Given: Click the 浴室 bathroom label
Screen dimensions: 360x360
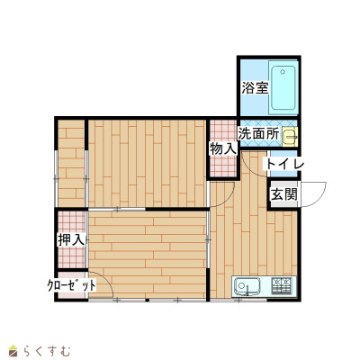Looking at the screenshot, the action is click(255, 88).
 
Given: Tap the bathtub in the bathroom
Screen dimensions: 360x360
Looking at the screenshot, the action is click(283, 88).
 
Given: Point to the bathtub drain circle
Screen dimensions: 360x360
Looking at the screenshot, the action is click(283, 72).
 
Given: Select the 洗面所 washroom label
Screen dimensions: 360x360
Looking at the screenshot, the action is click(258, 134).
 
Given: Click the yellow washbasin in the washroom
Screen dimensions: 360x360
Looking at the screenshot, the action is click(290, 137).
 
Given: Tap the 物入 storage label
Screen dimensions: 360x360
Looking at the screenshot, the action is click(223, 148).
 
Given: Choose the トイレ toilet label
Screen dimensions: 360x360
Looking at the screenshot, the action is click(283, 164).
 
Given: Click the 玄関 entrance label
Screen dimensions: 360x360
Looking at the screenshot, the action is click(283, 194).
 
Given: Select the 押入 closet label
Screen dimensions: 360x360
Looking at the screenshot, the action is click(71, 239).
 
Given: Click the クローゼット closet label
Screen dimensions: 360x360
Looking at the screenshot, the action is click(72, 285).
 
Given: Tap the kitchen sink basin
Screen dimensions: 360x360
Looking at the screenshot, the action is click(247, 285).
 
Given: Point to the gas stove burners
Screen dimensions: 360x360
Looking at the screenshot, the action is click(282, 285).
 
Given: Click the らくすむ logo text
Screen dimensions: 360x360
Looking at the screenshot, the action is click(47, 351).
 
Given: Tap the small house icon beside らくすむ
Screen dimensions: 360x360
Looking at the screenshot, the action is click(13, 351).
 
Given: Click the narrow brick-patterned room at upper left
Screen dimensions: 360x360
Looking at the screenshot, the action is click(71, 163).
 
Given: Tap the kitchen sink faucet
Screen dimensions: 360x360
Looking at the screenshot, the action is click(247, 291).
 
